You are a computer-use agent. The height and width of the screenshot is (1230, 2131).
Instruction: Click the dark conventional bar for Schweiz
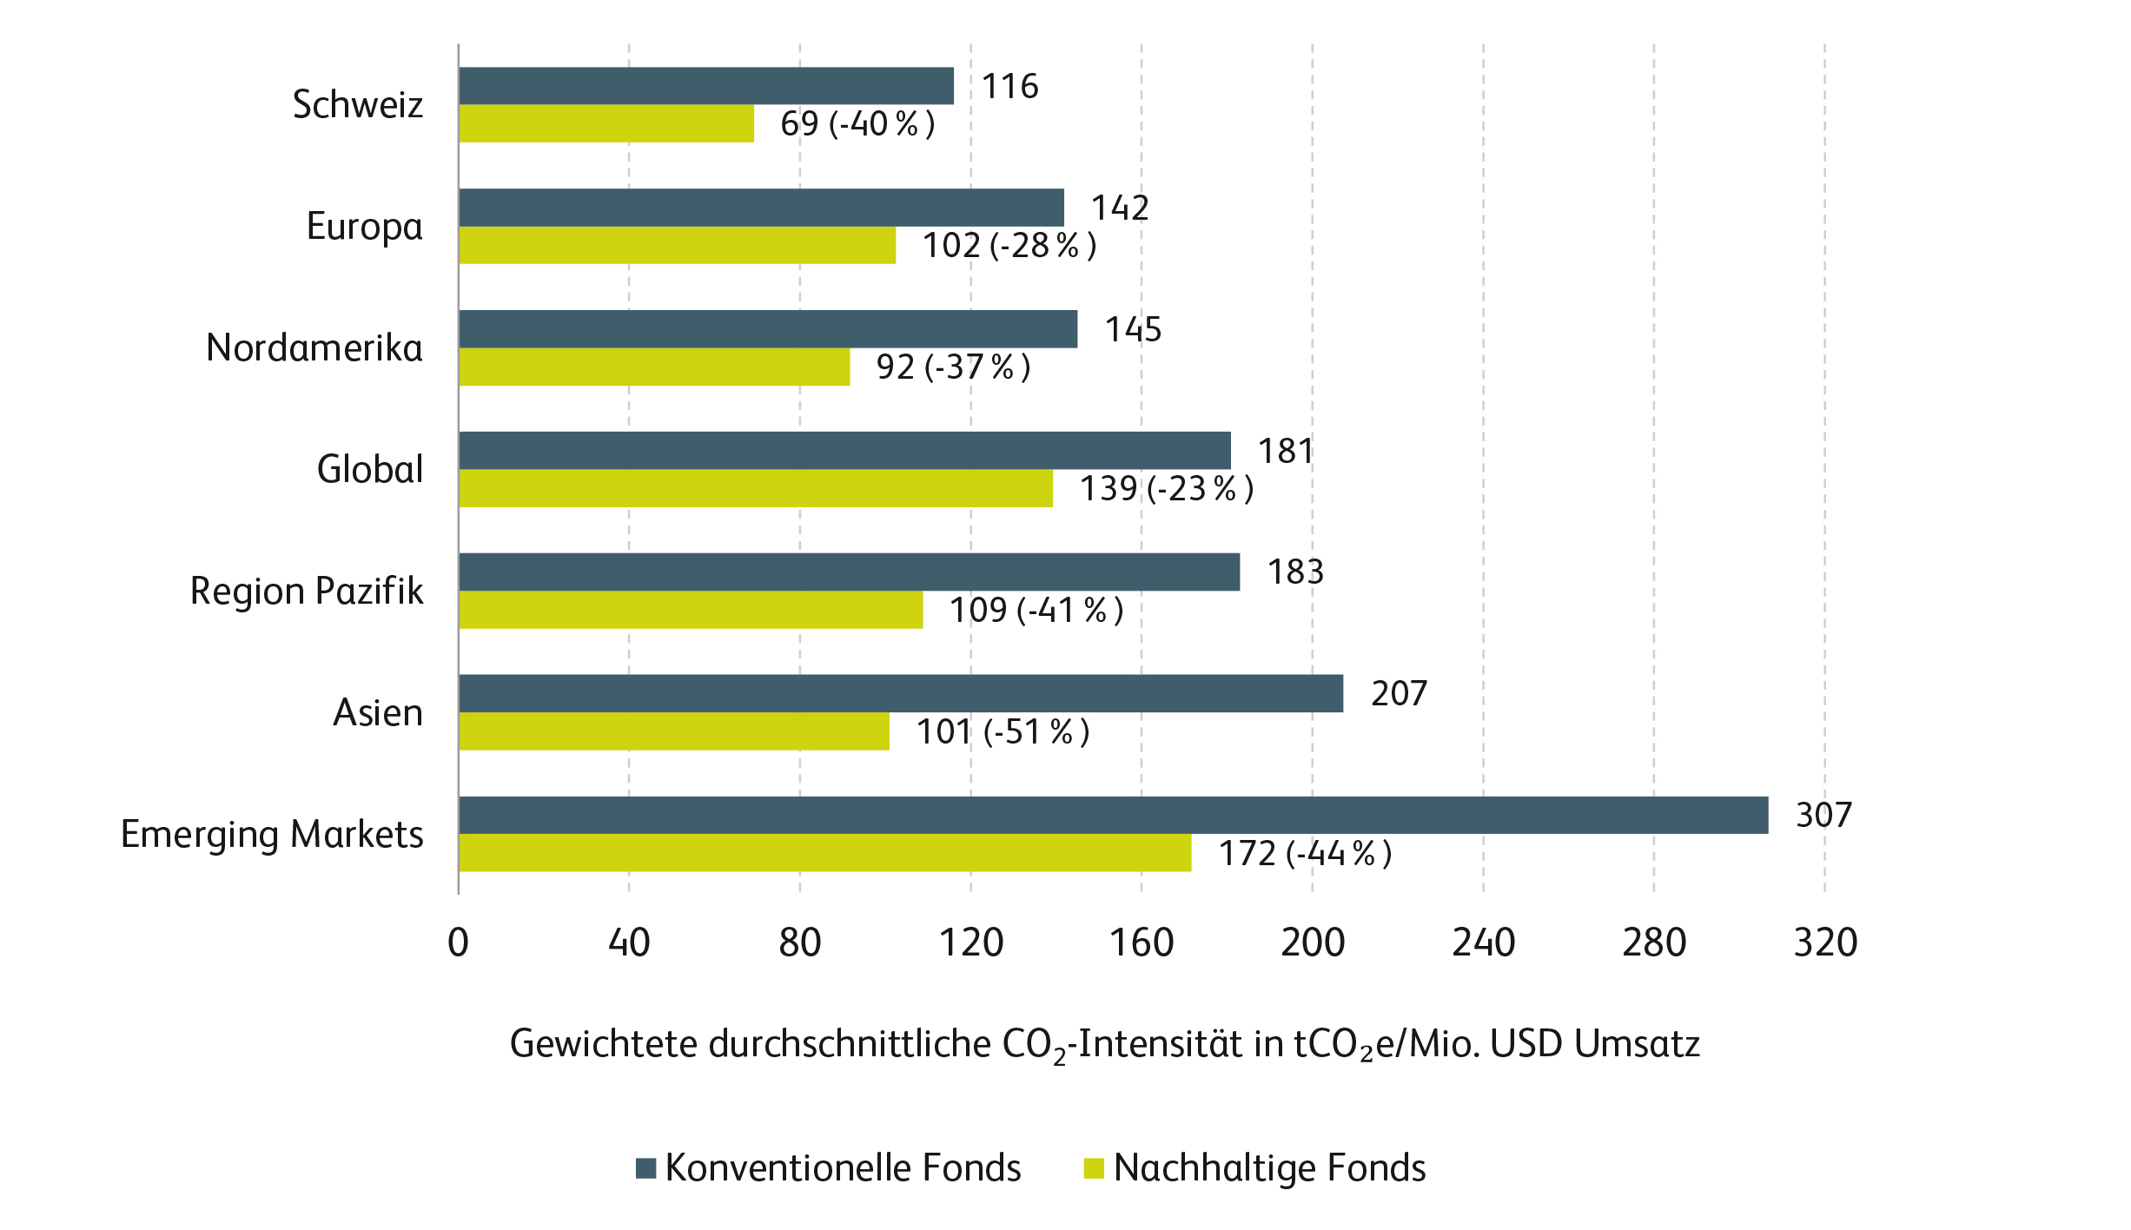click(705, 86)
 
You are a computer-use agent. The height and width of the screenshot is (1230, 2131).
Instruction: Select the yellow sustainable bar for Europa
click(677, 245)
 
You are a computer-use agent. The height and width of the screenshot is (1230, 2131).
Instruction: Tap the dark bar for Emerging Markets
click(1113, 815)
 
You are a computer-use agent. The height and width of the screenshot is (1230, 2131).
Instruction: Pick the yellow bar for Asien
click(673, 731)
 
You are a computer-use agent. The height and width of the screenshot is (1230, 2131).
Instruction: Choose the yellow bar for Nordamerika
click(653, 367)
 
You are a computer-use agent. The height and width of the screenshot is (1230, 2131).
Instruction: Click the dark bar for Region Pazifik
click(849, 572)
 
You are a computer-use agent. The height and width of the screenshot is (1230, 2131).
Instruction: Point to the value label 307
click(1823, 815)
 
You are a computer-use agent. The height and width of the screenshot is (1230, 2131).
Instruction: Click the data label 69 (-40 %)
click(857, 123)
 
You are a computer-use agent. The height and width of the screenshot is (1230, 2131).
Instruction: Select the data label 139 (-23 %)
click(1166, 488)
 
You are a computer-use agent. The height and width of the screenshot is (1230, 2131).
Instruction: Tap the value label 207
click(1399, 693)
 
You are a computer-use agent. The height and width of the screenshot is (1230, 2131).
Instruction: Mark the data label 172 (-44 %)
click(1305, 853)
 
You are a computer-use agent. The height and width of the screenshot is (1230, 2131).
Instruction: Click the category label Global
click(369, 469)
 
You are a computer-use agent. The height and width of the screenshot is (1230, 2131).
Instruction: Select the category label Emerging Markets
click(272, 834)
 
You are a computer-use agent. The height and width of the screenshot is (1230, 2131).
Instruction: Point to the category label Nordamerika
click(314, 347)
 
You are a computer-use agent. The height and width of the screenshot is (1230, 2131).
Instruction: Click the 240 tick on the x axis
click(1483, 942)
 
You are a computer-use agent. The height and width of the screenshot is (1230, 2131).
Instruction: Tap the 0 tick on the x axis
click(458, 942)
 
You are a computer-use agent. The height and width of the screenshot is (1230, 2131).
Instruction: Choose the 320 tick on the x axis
click(1825, 942)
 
